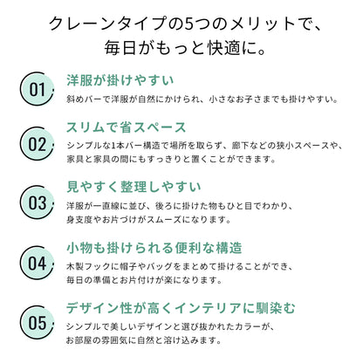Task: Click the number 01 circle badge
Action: [x=37, y=89]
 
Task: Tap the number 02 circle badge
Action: [x=37, y=144]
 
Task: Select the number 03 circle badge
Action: [x=37, y=202]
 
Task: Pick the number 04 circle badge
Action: [x=37, y=263]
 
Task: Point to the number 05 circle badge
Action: [x=37, y=322]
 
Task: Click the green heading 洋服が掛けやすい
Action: [x=120, y=80]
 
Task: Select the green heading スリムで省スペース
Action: [x=127, y=127]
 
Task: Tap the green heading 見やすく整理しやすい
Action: [x=134, y=187]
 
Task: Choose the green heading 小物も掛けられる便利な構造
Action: [x=154, y=248]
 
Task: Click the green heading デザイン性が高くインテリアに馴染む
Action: [x=181, y=308]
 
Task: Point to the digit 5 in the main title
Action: [x=189, y=24]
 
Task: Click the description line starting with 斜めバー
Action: [x=202, y=99]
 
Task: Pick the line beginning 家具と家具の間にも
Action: [x=171, y=159]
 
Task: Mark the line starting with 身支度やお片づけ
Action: [x=149, y=219]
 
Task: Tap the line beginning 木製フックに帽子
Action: [x=180, y=266]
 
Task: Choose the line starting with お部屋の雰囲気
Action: [x=144, y=340]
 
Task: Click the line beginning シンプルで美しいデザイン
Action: [x=170, y=326]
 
